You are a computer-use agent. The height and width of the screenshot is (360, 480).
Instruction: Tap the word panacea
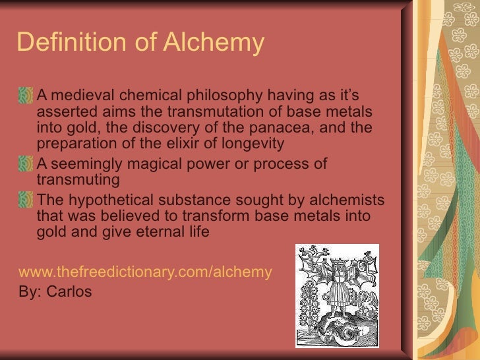[311, 127]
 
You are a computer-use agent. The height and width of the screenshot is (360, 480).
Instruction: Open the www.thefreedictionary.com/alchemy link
[145, 272]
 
